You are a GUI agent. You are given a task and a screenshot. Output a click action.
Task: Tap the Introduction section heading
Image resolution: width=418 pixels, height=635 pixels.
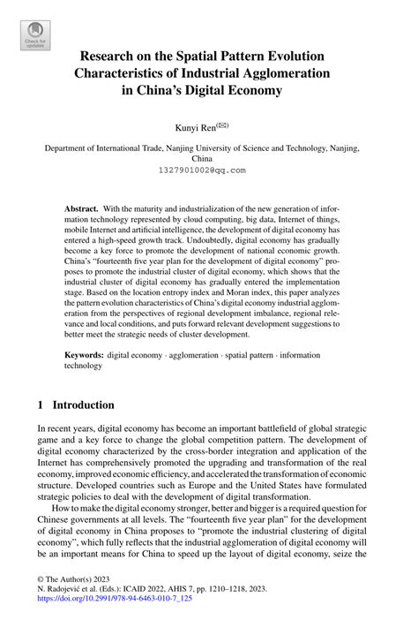(81, 404)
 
